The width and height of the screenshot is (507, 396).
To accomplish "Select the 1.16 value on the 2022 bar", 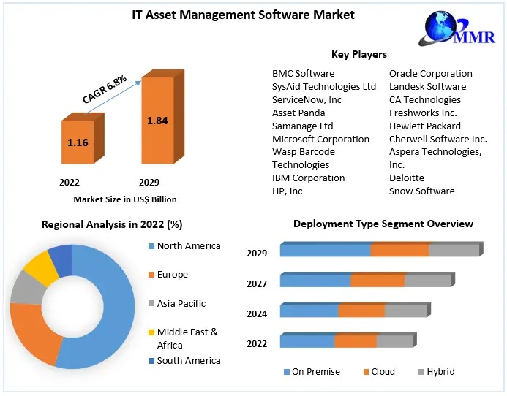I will pos(78,142).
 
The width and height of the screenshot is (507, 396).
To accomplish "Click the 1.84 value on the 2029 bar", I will pos(157,121).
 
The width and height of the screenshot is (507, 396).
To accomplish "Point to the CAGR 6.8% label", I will pos(105,87).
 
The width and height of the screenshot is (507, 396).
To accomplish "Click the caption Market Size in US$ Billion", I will pos(125,199).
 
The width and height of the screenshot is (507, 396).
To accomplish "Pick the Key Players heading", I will pos(359,54).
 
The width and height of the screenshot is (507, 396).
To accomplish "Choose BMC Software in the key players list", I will pos(303,73).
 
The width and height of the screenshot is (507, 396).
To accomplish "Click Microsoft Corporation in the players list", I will pos(320,139).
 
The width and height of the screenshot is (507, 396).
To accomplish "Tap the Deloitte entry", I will pos(406,178).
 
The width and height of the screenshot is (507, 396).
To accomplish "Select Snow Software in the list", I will pos(421,191).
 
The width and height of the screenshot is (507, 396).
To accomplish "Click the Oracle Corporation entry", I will pos(430,73).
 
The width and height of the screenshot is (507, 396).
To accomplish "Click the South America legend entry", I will pos(188,360).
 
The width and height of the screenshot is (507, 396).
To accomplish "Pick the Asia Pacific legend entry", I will pos(181,303).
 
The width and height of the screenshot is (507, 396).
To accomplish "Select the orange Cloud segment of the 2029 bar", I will pos(399,251).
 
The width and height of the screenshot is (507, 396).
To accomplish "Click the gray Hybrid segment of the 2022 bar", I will pos(394,341).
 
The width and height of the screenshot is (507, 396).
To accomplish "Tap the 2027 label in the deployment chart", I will pos(257,283).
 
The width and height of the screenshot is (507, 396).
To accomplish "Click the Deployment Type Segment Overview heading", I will pos(383,224).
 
